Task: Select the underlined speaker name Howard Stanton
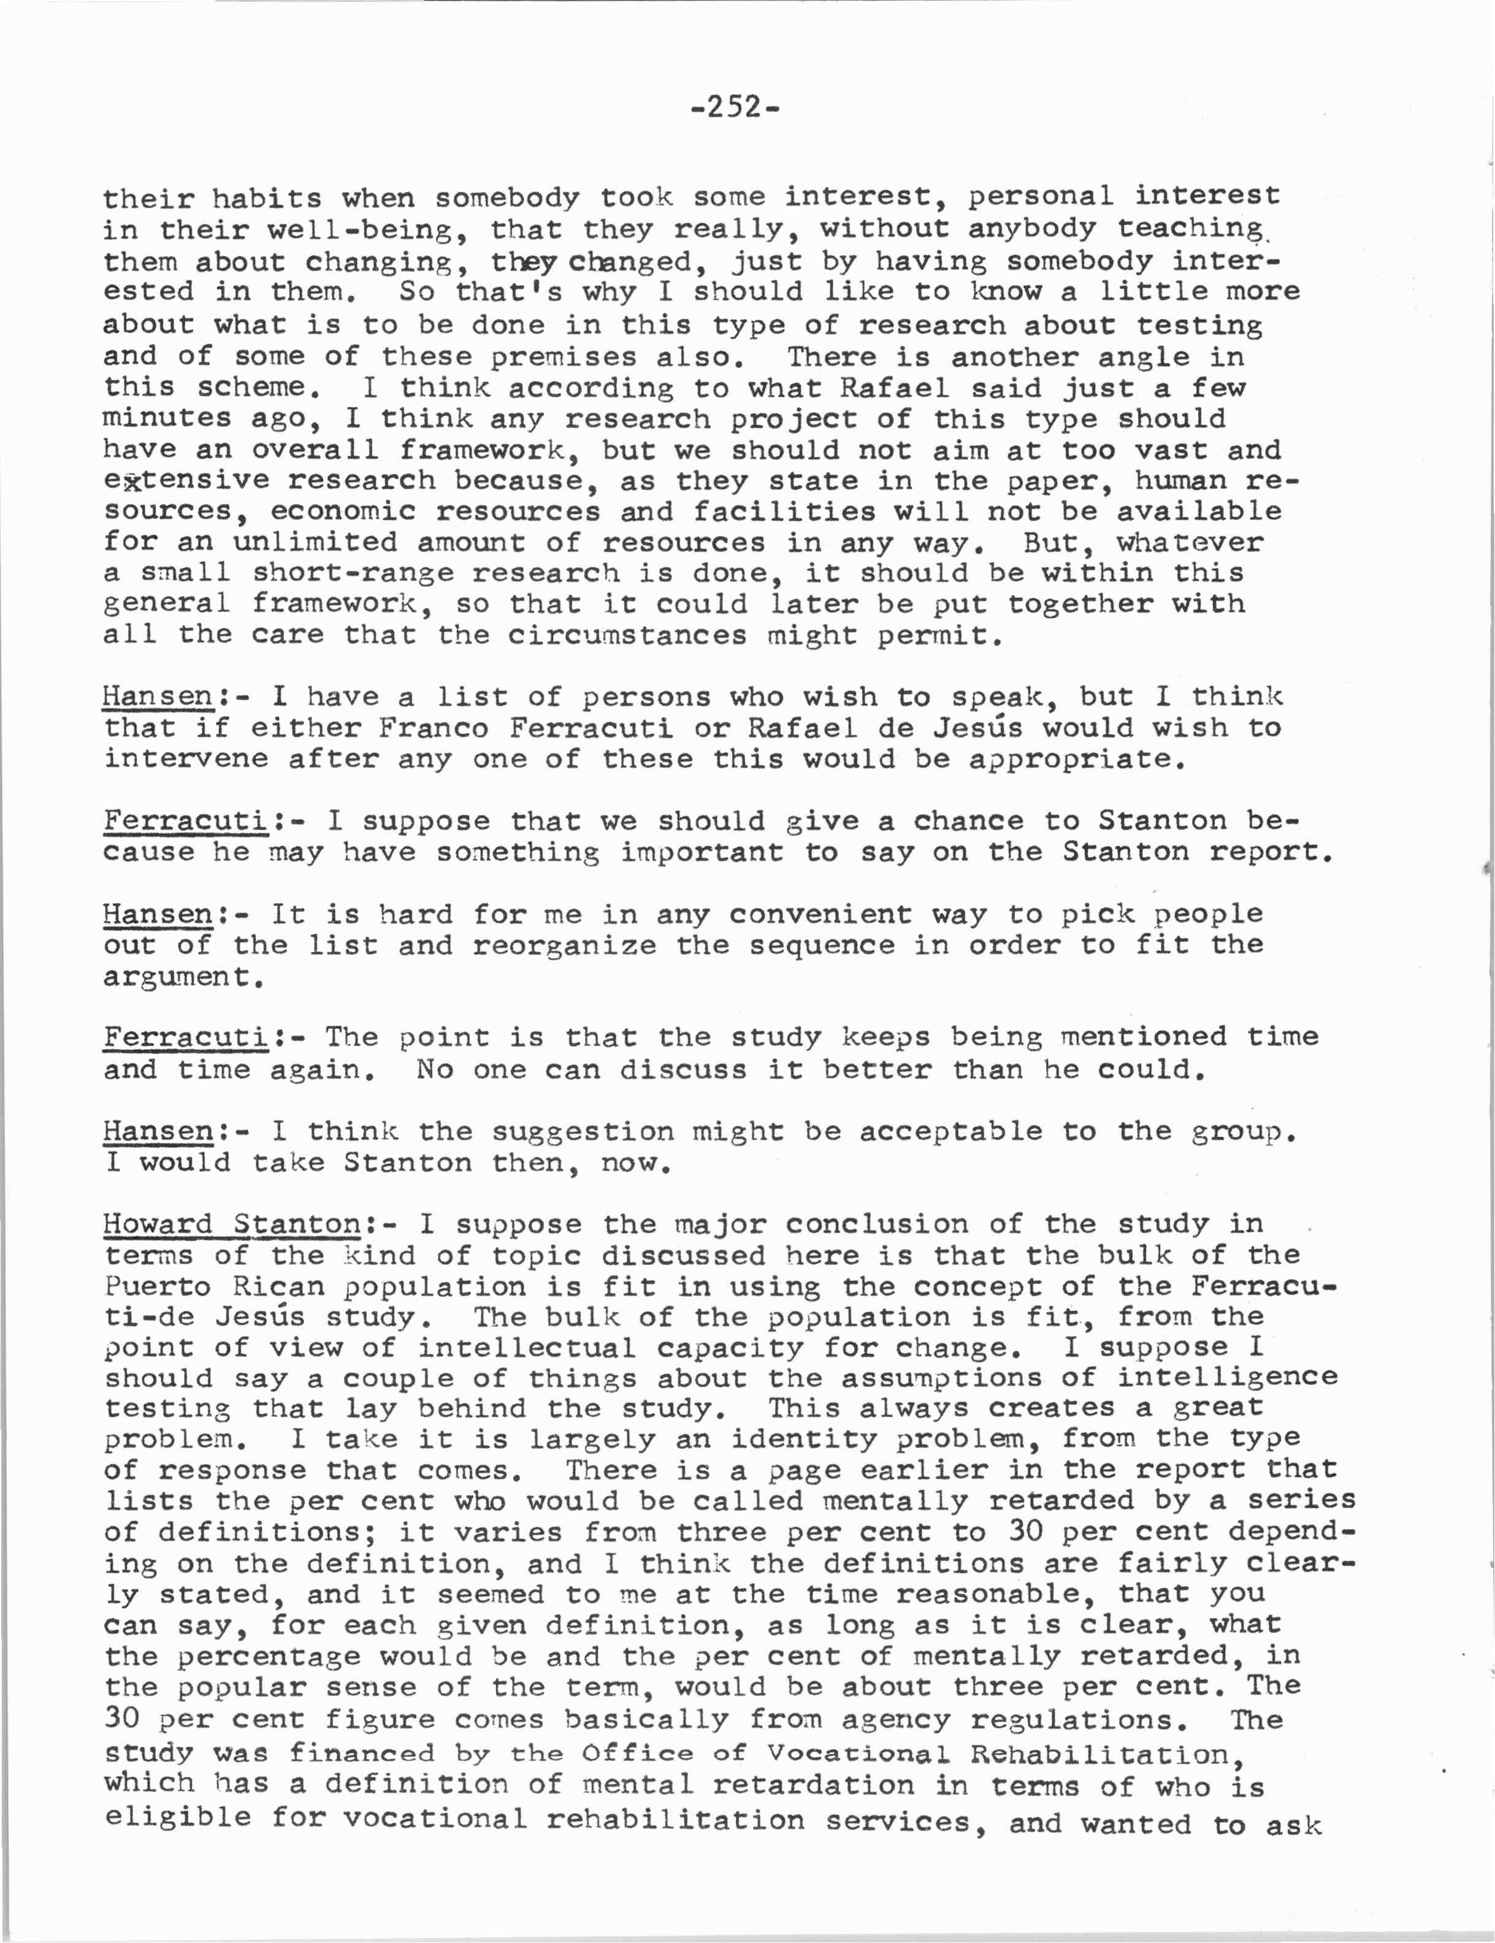[231, 1224]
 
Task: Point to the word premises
[564, 357]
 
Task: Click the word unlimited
[315, 542]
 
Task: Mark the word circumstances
[627, 635]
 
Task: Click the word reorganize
[564, 945]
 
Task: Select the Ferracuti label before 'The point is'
[185, 1037]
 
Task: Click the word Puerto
[158, 1286]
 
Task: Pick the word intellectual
[527, 1348]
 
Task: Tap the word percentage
[268, 1657]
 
